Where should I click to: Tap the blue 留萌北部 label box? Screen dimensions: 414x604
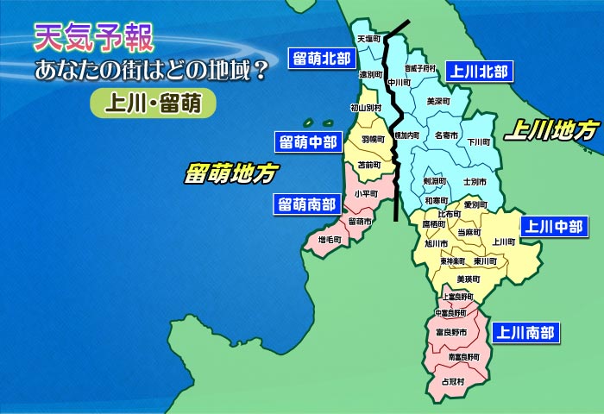click(x=321, y=59)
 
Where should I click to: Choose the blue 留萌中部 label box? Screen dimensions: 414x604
click(x=306, y=141)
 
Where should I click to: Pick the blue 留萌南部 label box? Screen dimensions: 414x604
click(x=306, y=204)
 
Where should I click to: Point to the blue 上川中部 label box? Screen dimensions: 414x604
click(x=553, y=227)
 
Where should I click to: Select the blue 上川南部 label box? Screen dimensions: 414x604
click(x=524, y=331)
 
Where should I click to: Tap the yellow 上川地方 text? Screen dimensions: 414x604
click(x=551, y=130)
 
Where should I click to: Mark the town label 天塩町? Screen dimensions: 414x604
click(x=368, y=39)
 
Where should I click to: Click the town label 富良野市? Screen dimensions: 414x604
click(x=451, y=332)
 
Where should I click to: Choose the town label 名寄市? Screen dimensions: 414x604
click(x=446, y=135)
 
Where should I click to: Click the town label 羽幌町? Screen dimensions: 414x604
click(x=372, y=139)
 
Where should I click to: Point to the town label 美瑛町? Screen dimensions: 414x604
click(x=468, y=279)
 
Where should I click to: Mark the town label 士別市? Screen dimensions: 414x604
click(x=475, y=183)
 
